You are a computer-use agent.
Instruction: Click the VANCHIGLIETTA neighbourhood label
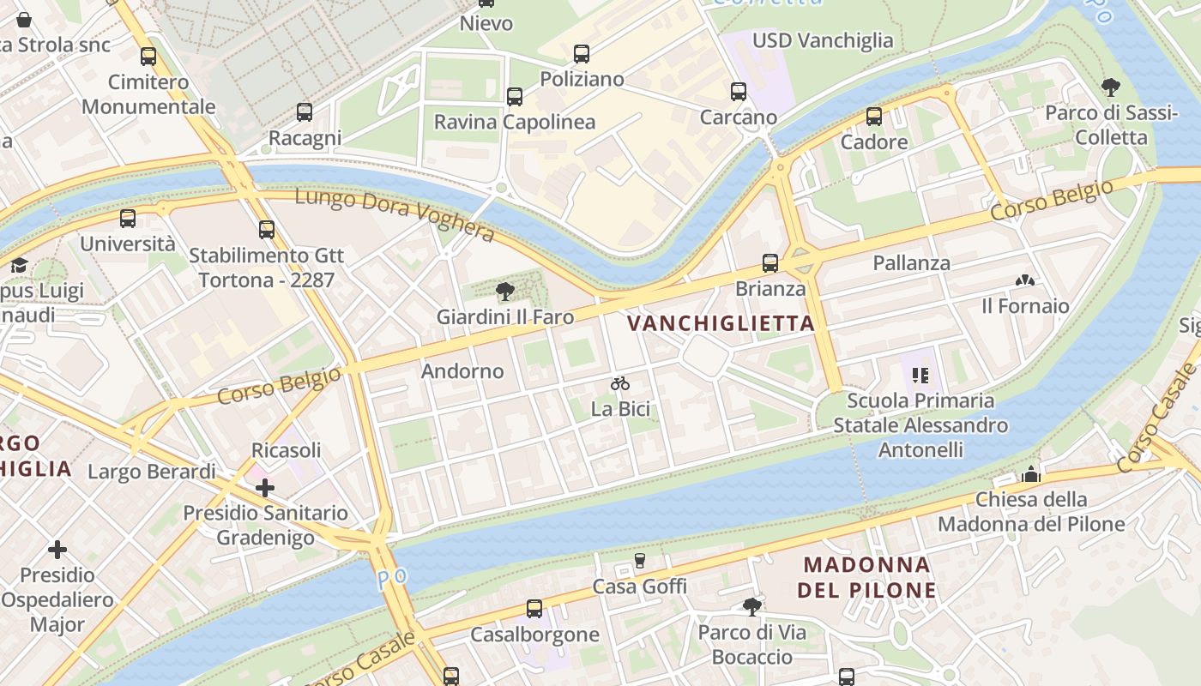[720, 323]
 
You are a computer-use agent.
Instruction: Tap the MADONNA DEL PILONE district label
[866, 577]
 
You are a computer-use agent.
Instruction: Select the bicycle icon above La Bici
[620, 383]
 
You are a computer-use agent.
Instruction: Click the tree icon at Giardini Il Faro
[505, 292]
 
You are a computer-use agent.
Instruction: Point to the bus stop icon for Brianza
[770, 263]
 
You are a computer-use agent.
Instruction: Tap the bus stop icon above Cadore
[874, 117]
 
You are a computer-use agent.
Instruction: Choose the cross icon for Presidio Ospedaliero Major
[57, 549]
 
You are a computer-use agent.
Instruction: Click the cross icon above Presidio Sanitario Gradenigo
[265, 488]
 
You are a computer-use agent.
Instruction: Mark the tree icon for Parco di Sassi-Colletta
[1111, 87]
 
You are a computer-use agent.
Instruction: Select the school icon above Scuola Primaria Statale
[921, 375]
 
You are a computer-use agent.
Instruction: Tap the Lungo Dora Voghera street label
[395, 214]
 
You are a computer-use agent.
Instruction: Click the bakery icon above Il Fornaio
[1024, 280]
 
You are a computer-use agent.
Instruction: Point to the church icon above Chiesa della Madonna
[1031, 474]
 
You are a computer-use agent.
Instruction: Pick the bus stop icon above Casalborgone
[534, 609]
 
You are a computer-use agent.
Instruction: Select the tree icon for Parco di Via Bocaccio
[752, 607]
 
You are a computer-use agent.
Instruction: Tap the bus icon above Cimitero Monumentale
[148, 57]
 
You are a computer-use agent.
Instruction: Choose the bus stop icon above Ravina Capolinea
[515, 97]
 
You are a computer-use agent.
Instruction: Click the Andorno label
[462, 371]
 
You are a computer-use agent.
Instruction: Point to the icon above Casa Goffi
[639, 561]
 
